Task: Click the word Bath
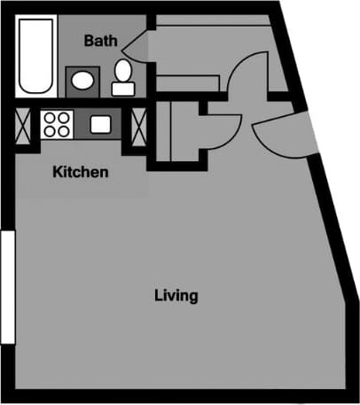click(101, 41)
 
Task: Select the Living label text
click(175, 295)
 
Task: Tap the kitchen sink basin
click(99, 123)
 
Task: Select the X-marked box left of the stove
click(23, 123)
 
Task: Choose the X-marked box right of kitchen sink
click(139, 123)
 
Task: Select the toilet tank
click(122, 88)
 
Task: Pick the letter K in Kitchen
click(55, 172)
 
